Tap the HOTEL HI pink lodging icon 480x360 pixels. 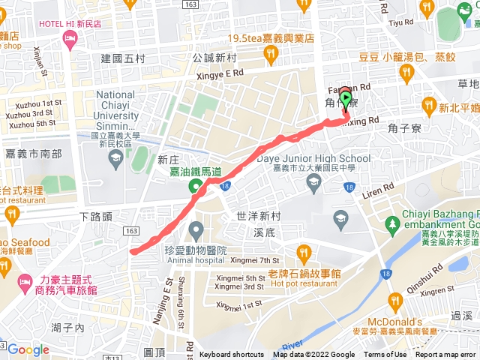pyautogui.click(x=71, y=43)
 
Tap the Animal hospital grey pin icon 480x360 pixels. pyautogui.click(x=196, y=229)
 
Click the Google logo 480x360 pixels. pyautogui.click(x=28, y=349)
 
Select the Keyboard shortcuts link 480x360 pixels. pyautogui.click(x=232, y=355)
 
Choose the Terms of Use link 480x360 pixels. pyautogui.click(x=385, y=355)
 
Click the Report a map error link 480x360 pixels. pyautogui.click(x=446, y=355)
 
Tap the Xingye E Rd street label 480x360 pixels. pyautogui.click(x=218, y=73)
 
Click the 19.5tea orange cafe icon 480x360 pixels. pyautogui.click(x=271, y=53)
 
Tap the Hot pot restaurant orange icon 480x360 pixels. pyautogui.click(x=303, y=252)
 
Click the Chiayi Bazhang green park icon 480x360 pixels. pyautogui.click(x=391, y=223)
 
